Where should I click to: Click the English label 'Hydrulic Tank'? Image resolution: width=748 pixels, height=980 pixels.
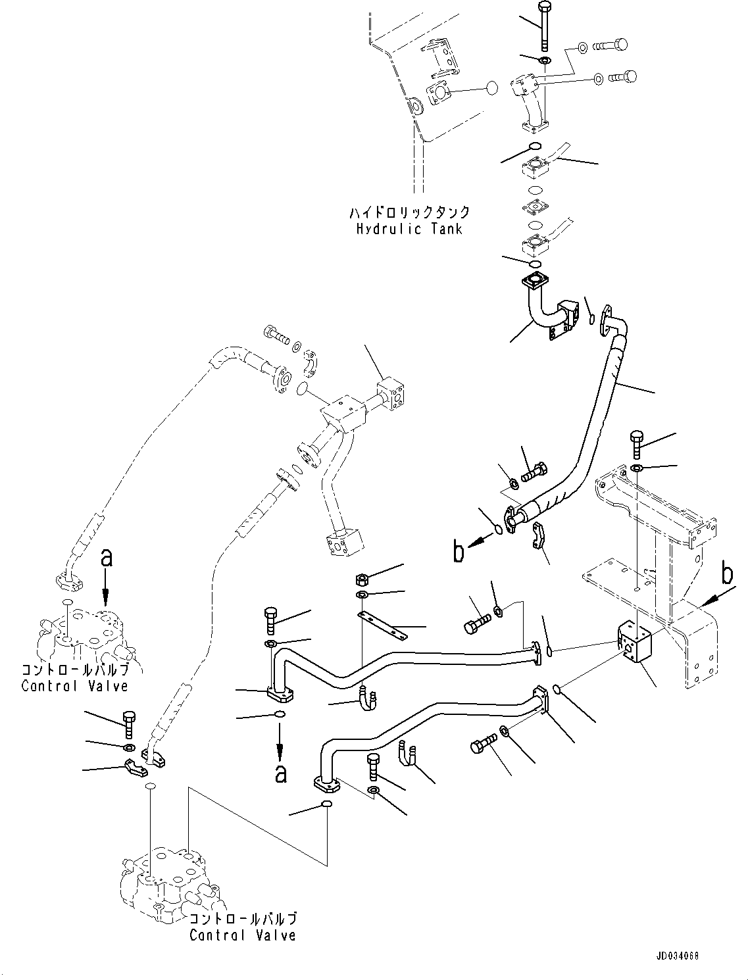[x=409, y=229]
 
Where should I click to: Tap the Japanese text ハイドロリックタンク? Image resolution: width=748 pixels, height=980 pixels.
[x=409, y=212]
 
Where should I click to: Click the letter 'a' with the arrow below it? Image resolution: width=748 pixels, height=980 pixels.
[x=106, y=558]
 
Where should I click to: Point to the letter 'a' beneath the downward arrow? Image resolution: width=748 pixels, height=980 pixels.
[x=280, y=773]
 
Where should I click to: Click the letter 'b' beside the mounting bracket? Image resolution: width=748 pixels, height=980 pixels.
[x=727, y=574]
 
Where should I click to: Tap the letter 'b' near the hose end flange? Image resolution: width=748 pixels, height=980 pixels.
[x=458, y=552]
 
